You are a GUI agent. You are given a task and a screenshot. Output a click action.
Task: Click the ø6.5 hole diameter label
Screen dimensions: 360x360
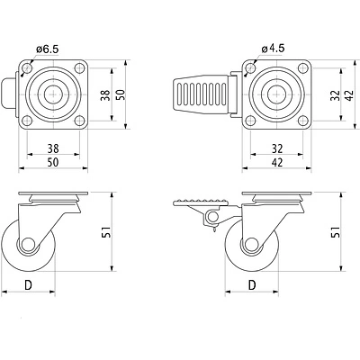tap(47, 49)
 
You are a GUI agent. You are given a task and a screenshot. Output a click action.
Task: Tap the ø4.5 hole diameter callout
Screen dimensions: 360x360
tap(273, 49)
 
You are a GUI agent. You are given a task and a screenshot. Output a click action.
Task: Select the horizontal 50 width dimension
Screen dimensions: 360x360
tap(53, 162)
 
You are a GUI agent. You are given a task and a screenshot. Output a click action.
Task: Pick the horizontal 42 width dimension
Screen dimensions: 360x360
tap(276, 162)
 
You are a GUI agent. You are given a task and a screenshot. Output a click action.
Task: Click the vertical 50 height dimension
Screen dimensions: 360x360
tap(120, 94)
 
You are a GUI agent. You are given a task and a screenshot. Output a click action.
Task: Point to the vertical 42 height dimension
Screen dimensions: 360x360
tap(350, 94)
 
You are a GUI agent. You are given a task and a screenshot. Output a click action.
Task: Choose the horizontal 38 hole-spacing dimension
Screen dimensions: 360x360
tap(53, 148)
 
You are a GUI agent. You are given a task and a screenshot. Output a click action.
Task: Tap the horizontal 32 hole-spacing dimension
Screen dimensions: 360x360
tap(276, 148)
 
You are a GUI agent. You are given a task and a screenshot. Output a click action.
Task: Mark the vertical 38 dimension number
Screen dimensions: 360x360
tap(105, 94)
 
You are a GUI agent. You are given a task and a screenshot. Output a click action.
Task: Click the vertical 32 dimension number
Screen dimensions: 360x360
tap(335, 94)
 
